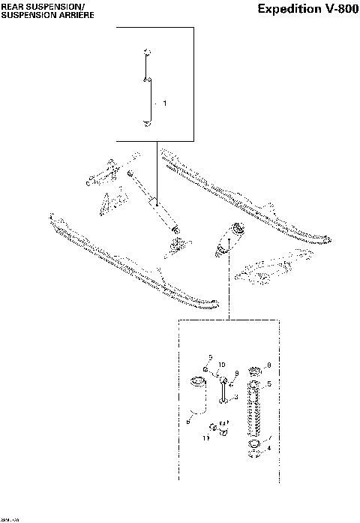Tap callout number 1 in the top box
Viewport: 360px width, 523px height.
[x=165, y=102]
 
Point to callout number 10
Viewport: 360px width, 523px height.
[x=222, y=365]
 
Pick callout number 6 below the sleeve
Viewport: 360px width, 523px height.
[x=187, y=422]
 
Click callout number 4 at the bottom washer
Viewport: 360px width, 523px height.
[x=269, y=448]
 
